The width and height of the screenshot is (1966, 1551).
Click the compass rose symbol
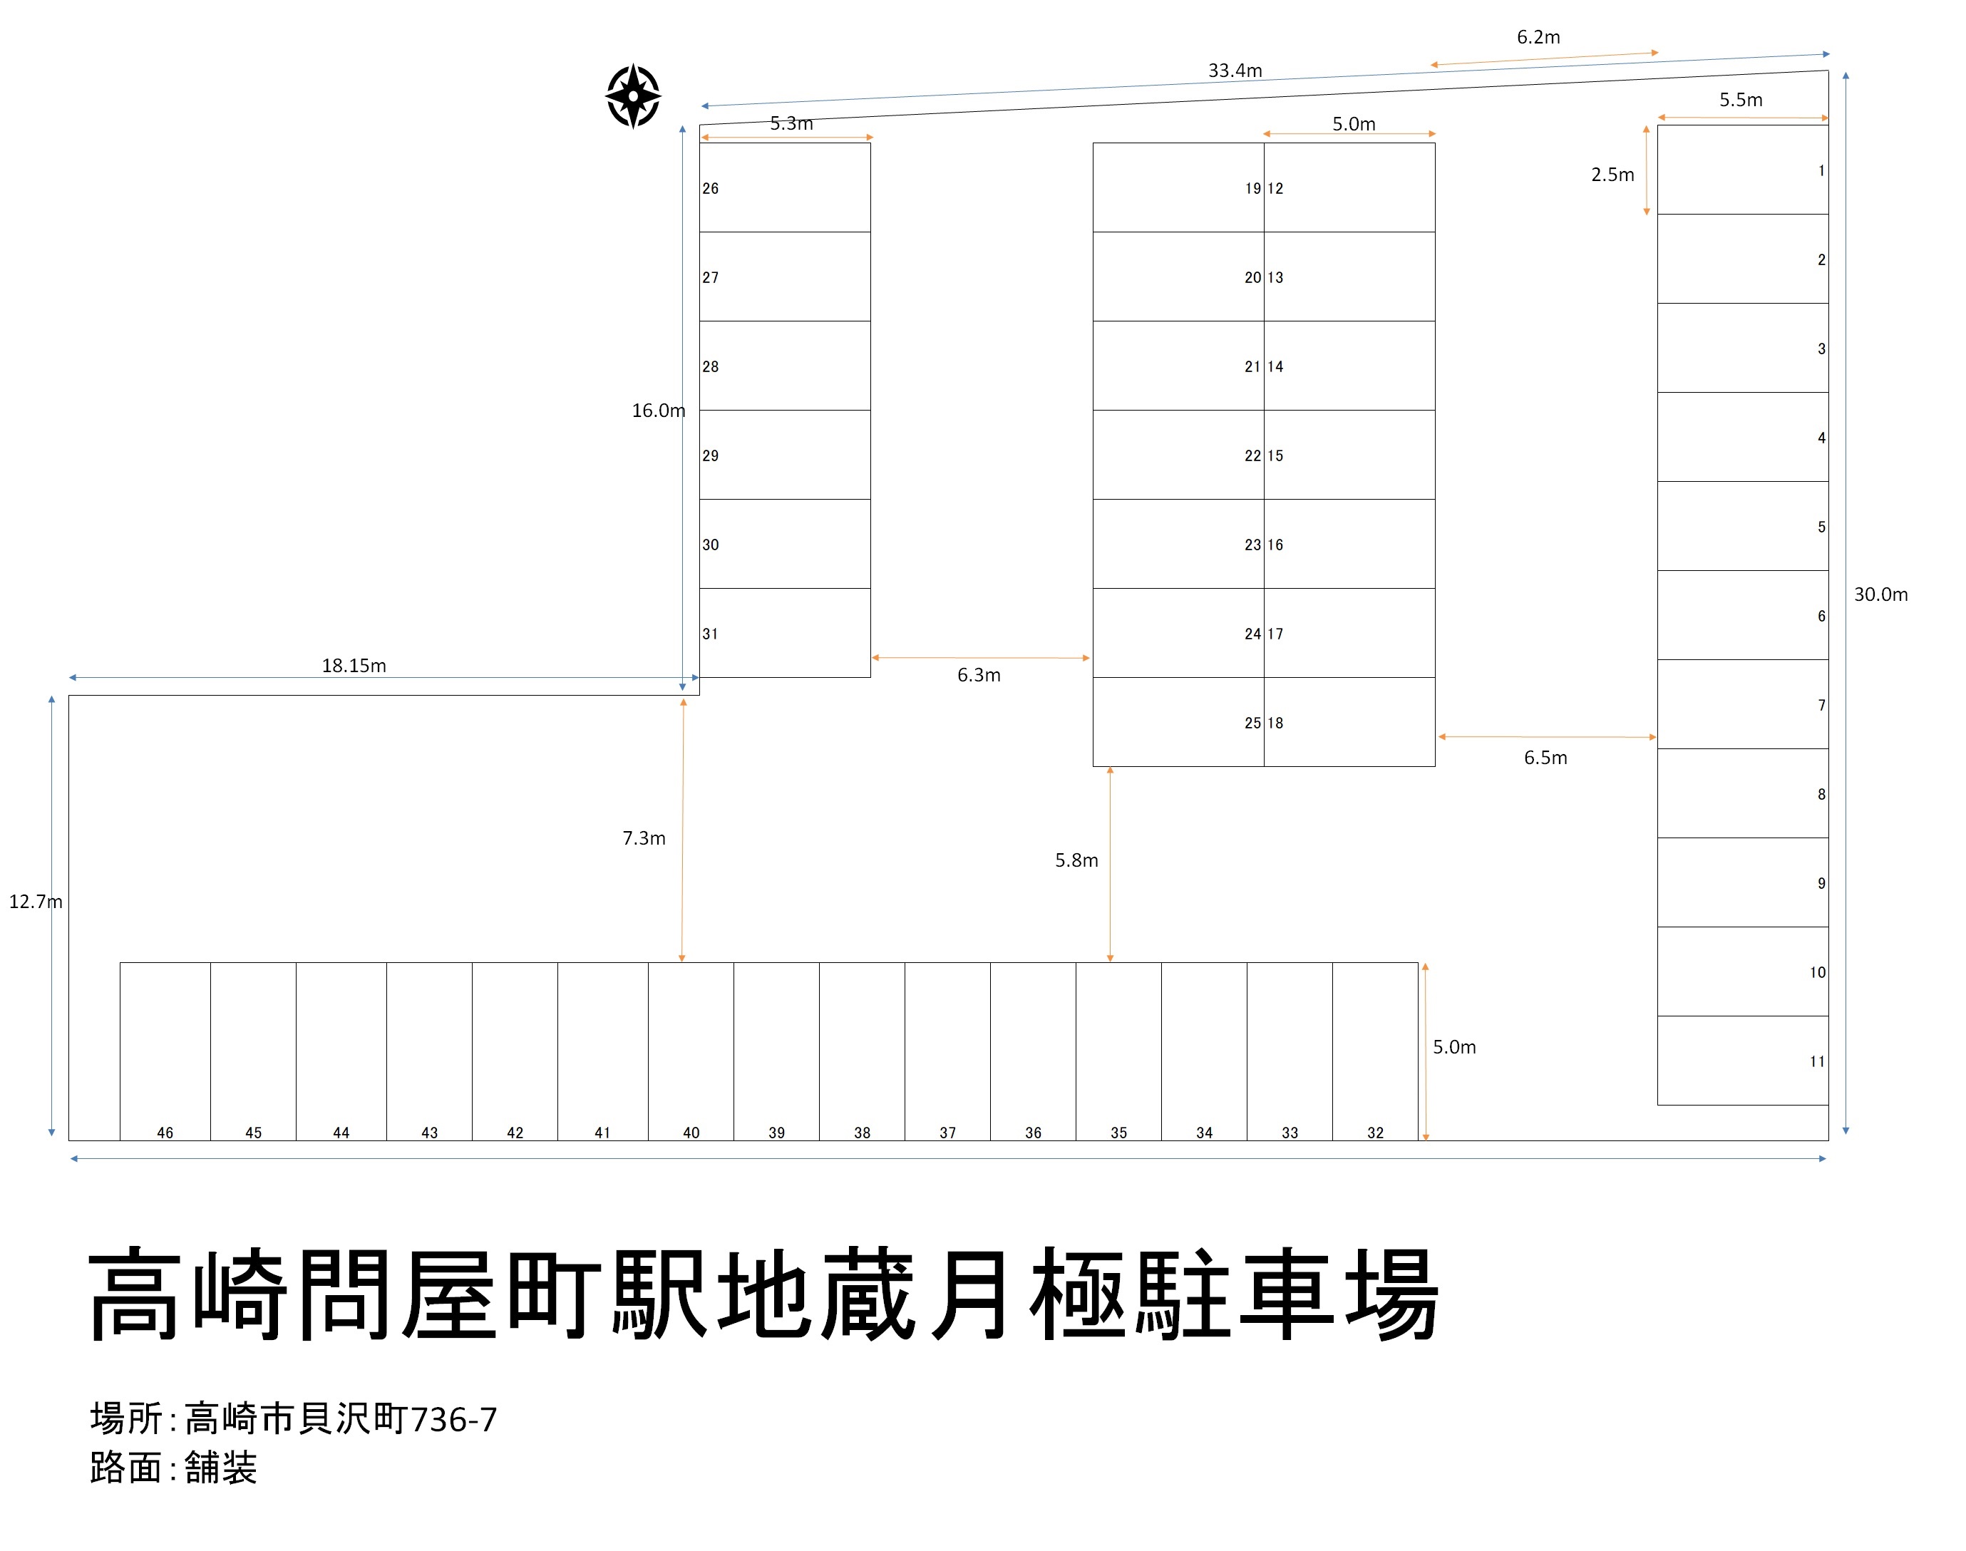633,96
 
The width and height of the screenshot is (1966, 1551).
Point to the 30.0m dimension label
1880,594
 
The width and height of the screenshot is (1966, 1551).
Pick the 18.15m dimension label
354,666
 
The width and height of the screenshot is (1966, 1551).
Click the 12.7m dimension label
36,902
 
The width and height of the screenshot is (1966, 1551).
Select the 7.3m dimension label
643,838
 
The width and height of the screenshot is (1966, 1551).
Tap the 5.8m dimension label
1076,860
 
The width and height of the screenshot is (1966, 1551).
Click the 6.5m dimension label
1545,758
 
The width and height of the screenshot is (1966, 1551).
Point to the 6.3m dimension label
978,675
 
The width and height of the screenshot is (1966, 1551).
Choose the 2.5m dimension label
1612,175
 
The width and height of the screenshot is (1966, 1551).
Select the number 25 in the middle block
1252,723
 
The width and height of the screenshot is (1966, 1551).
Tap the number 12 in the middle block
1276,189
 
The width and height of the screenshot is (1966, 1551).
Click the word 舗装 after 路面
221,1468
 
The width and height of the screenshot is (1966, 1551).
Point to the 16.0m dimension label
659,411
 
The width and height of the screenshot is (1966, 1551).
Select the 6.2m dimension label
1538,37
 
